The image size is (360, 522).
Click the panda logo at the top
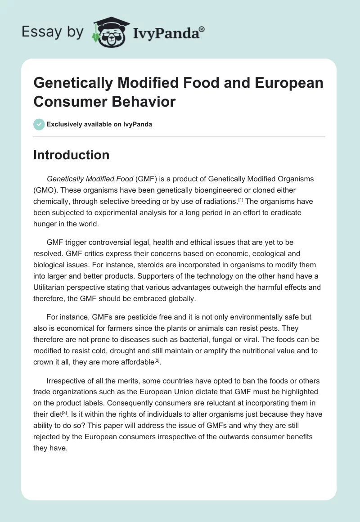click(x=110, y=32)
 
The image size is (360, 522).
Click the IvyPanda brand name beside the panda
click(x=168, y=32)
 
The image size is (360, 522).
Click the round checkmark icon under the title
click(x=39, y=124)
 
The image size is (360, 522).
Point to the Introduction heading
click(x=71, y=155)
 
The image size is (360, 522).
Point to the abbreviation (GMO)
click(x=47, y=190)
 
